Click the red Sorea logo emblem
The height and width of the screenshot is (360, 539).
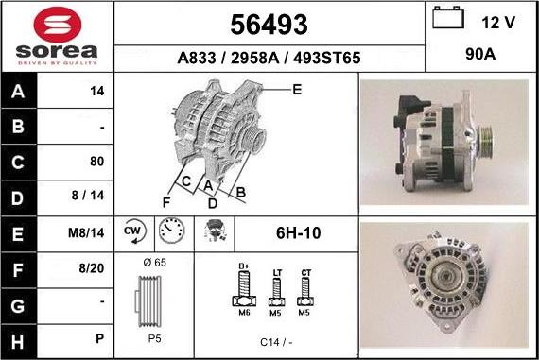pos(58,25)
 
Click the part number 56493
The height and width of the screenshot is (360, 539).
pos(269,25)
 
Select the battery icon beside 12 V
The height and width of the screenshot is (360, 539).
pos(448,17)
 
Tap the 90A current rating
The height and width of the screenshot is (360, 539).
pos(480,54)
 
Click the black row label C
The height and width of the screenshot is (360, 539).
pos(18,163)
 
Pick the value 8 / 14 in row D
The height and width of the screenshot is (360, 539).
pos(88,196)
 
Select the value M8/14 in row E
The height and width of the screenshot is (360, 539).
pos(86,232)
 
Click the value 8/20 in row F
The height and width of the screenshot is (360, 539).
pos(91,268)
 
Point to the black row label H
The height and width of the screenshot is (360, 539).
pos(18,342)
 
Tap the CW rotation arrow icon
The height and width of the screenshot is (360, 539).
pos(134,231)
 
